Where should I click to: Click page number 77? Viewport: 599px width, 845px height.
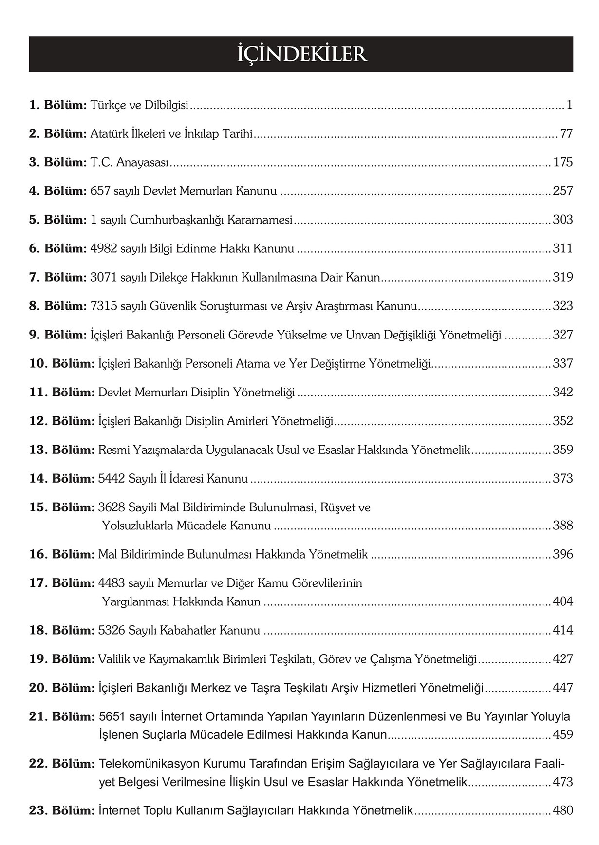click(x=566, y=133)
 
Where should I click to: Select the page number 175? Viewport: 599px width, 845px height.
click(x=563, y=162)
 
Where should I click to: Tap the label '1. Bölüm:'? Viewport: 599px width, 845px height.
click(x=58, y=105)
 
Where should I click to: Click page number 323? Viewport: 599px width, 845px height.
click(x=563, y=306)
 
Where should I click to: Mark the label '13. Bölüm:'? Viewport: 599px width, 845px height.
click(x=61, y=450)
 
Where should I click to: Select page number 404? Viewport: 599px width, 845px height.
click(x=563, y=601)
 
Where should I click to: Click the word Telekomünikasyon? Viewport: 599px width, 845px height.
click(x=149, y=763)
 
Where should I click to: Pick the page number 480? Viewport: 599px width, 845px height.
click(x=563, y=810)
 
